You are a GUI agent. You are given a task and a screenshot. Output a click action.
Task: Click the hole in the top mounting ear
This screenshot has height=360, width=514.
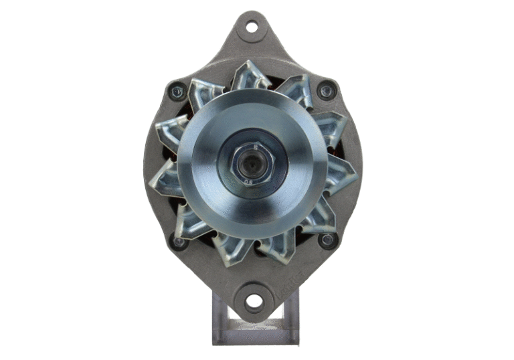252,27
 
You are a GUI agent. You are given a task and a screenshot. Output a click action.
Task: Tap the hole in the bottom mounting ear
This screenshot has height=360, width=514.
254,300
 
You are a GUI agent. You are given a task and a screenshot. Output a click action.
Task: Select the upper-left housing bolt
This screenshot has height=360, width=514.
177,90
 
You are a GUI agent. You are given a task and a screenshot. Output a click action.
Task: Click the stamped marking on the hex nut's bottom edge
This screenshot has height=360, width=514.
249,179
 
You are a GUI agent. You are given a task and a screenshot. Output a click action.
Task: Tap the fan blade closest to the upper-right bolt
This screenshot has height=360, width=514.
296,90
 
